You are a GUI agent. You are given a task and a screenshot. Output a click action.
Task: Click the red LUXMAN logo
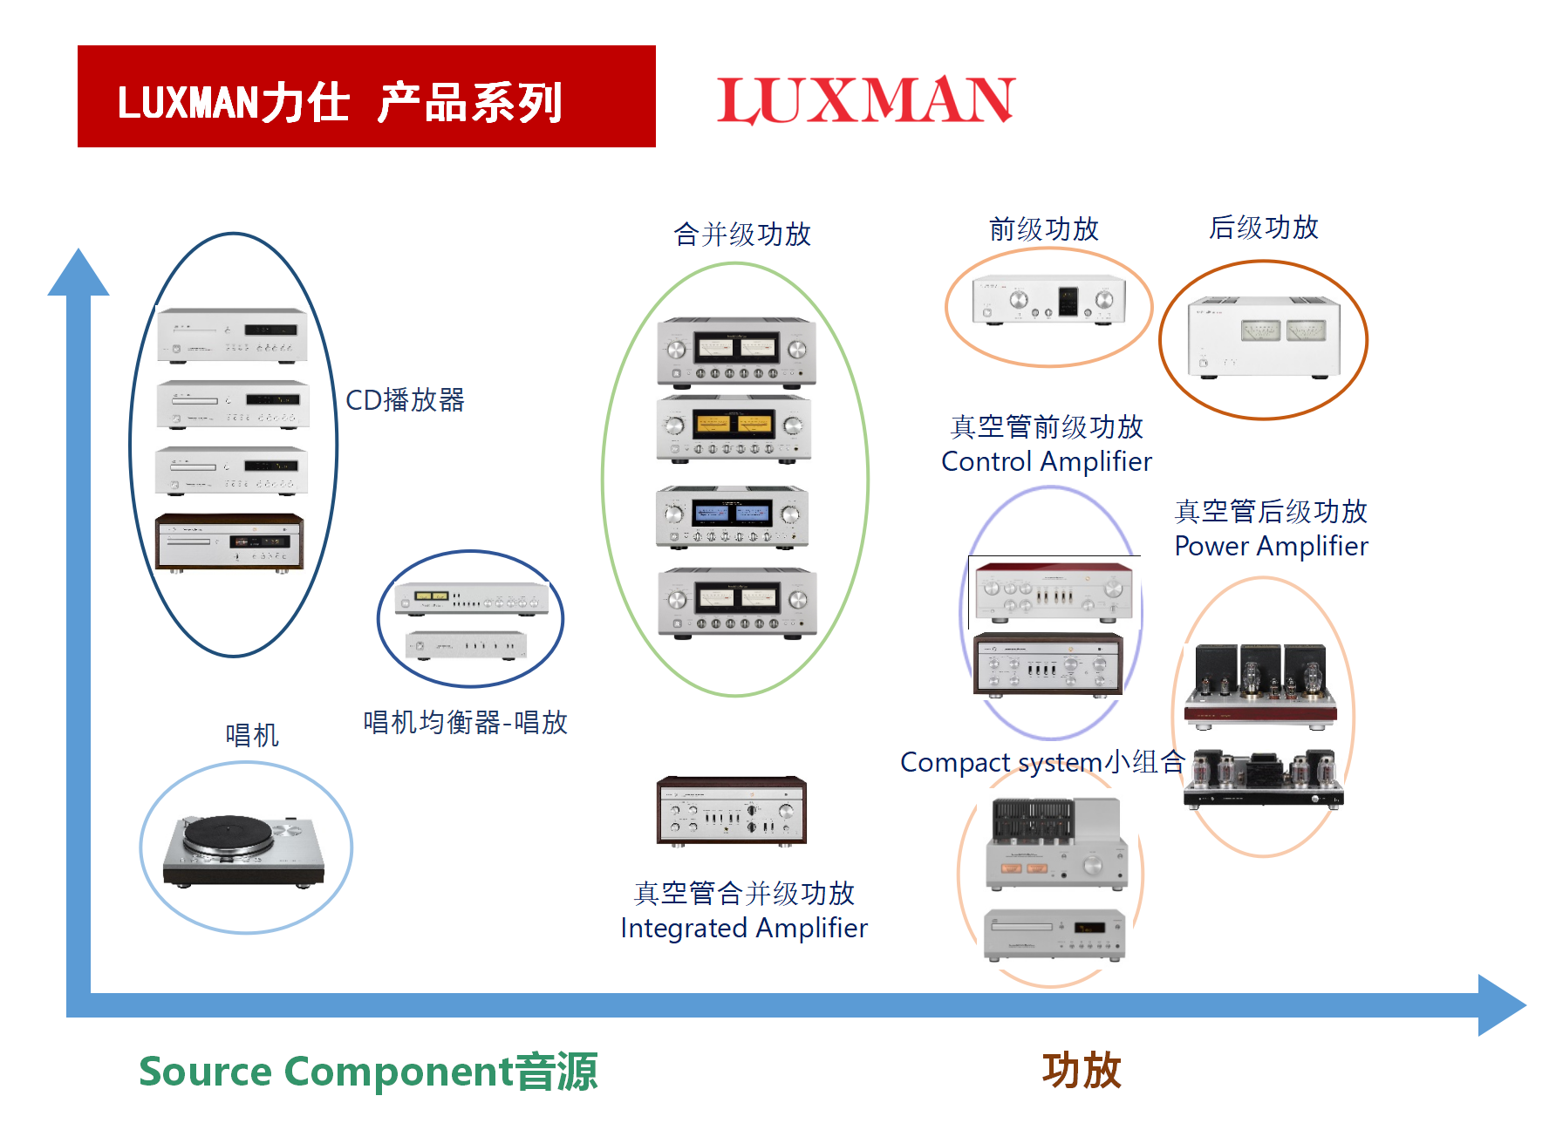click(865, 99)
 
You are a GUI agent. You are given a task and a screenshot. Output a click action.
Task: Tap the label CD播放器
click(405, 400)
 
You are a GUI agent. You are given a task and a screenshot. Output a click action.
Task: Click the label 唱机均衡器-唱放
click(465, 722)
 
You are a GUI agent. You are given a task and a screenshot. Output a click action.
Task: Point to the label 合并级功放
click(742, 234)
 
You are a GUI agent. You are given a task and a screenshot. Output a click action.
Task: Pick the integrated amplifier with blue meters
click(733, 516)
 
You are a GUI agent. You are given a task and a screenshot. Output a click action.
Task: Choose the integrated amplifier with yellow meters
click(734, 427)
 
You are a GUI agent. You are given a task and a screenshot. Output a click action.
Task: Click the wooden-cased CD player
click(229, 542)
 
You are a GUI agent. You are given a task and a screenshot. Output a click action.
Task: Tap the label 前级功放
click(1043, 229)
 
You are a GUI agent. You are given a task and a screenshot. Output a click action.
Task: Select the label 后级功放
click(1263, 228)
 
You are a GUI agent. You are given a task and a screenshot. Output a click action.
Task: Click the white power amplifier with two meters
click(1263, 337)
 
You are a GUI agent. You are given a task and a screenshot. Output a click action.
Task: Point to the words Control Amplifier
click(1047, 461)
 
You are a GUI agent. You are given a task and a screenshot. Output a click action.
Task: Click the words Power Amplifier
click(1271, 546)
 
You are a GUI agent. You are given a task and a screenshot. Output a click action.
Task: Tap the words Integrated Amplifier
click(744, 928)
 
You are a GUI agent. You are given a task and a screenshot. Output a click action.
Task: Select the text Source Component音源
click(368, 1071)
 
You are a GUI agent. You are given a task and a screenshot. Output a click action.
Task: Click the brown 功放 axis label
click(1082, 1070)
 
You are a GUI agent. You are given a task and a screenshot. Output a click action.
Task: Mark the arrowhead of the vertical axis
click(78, 273)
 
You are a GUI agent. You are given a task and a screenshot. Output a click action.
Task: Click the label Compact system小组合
click(1041, 762)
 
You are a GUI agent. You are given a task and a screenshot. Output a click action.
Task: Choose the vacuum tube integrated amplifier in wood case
click(732, 810)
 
